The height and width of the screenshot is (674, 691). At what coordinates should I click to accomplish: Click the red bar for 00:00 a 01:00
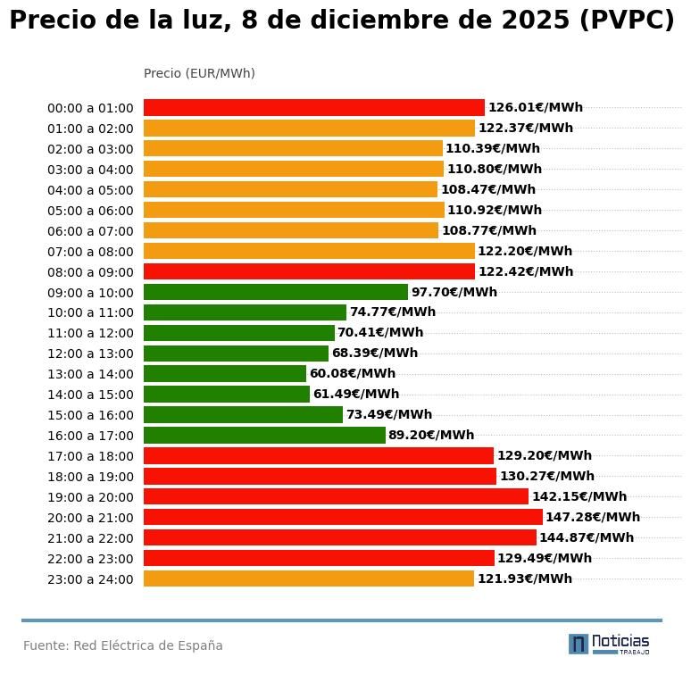[x=313, y=107]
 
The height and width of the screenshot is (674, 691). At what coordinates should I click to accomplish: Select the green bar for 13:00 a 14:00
[x=224, y=374]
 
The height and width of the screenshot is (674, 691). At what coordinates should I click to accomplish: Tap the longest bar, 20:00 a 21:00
[x=343, y=517]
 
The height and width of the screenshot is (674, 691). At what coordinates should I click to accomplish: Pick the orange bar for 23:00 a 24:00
[x=308, y=578]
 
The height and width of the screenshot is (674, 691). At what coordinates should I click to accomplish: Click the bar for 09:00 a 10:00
[x=275, y=292]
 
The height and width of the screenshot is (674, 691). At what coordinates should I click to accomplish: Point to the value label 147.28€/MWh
[x=593, y=517]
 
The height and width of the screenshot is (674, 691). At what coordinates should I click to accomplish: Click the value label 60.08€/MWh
[x=353, y=374]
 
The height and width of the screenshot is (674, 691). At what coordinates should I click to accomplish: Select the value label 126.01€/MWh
[x=535, y=107]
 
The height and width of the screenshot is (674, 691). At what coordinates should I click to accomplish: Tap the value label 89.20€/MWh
[x=431, y=436]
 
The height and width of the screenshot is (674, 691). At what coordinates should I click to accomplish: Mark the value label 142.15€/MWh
[x=579, y=496]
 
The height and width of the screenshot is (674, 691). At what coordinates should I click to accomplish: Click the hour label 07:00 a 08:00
[x=90, y=252]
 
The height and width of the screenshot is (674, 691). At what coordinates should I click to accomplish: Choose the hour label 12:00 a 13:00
[x=90, y=354]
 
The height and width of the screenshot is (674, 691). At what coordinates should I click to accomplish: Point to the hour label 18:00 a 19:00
[x=90, y=477]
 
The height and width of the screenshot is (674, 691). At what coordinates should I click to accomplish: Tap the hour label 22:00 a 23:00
[x=90, y=559]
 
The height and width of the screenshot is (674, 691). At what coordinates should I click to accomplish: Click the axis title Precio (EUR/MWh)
[x=199, y=73]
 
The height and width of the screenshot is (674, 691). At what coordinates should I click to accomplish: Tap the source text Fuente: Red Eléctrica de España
[x=123, y=645]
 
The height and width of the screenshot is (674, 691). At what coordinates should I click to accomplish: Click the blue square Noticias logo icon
[x=579, y=644]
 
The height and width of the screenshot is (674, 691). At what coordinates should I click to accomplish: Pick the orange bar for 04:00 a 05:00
[x=290, y=189]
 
